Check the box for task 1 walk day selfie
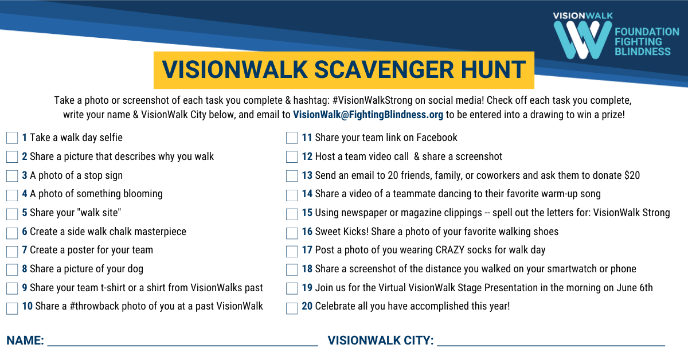click(x=12, y=138)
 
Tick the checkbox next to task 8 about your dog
click(x=12, y=269)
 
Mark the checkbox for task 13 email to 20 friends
click(x=292, y=176)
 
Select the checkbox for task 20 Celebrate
click(x=292, y=308)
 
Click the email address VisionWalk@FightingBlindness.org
click(x=368, y=115)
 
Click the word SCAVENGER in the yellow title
click(x=384, y=70)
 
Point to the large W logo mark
click(x=583, y=40)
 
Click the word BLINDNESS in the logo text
click(x=643, y=51)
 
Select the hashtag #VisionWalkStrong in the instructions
click(x=372, y=100)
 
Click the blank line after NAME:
click(x=182, y=346)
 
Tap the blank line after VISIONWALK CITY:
click(x=551, y=346)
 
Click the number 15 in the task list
click(x=307, y=213)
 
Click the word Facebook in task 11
click(x=436, y=138)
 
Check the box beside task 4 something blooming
click(x=12, y=195)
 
